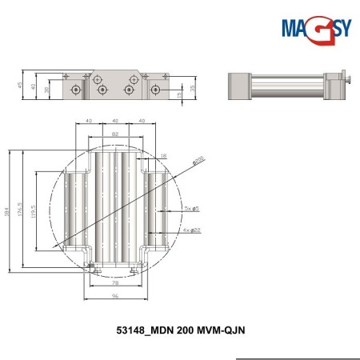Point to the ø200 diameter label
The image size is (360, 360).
point(198,160)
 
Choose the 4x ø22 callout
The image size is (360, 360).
point(192,230)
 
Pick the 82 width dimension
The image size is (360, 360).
point(116,133)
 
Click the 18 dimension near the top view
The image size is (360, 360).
point(164,155)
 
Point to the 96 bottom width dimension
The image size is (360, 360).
point(115,296)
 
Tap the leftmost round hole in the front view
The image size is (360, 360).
point(75,89)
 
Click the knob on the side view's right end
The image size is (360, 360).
point(350,78)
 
